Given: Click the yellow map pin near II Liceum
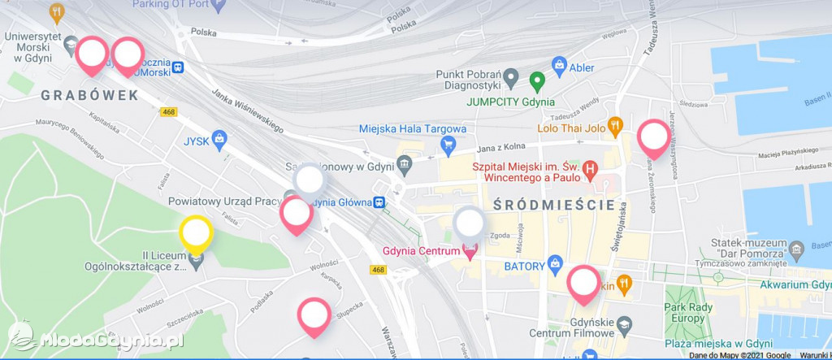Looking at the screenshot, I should [196, 232].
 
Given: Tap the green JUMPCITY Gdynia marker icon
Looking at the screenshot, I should [536, 81].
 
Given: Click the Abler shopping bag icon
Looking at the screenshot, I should [558, 64].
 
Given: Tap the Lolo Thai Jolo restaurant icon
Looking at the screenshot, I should [615, 126].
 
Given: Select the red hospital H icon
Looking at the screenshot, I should [591, 170].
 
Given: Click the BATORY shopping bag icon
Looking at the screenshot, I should [555, 263].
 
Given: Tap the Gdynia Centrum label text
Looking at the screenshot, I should [421, 252].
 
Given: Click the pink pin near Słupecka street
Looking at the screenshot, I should [314, 315].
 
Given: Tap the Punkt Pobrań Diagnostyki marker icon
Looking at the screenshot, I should [510, 79].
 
